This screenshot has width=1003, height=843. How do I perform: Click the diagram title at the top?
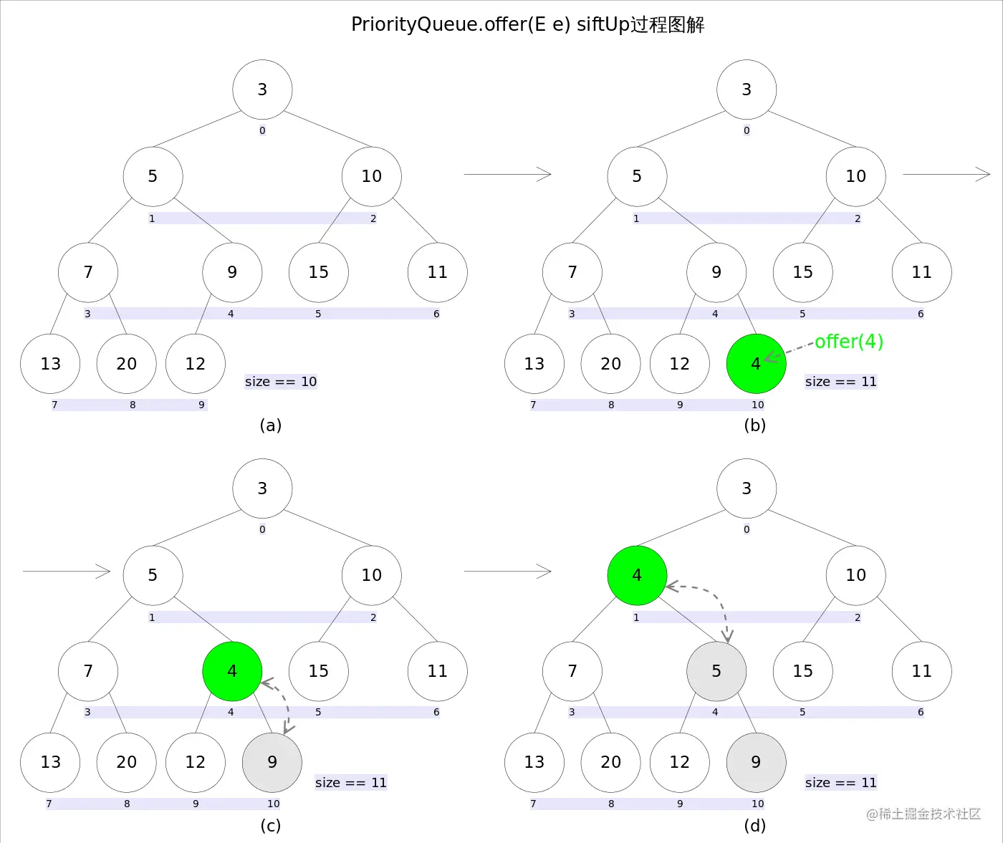(527, 25)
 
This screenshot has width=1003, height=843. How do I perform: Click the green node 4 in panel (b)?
(756, 364)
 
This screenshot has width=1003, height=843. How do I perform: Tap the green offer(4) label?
(849, 342)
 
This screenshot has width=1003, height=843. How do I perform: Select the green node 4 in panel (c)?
(232, 671)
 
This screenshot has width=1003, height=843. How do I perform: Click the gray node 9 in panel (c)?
(272, 762)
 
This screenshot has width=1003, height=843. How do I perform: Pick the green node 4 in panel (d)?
(637, 575)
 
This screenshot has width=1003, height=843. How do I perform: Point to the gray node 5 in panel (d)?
(716, 671)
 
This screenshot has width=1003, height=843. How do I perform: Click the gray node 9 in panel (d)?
(756, 762)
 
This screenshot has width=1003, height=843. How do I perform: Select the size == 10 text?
(281, 382)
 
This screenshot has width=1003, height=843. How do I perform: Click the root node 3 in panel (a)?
(262, 90)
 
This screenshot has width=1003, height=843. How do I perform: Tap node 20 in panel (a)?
(127, 364)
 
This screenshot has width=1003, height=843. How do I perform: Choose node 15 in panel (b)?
(803, 272)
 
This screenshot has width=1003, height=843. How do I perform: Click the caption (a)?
(271, 425)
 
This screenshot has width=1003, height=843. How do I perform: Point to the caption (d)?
(755, 826)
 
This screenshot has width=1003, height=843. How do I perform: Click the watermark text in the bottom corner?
(923, 814)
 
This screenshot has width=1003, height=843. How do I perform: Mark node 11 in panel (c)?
(437, 671)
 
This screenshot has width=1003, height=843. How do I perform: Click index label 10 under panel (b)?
(758, 405)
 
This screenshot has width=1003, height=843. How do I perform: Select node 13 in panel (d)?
(534, 762)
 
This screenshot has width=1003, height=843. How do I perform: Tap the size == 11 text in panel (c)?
(351, 783)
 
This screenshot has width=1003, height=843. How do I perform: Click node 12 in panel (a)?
(196, 364)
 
